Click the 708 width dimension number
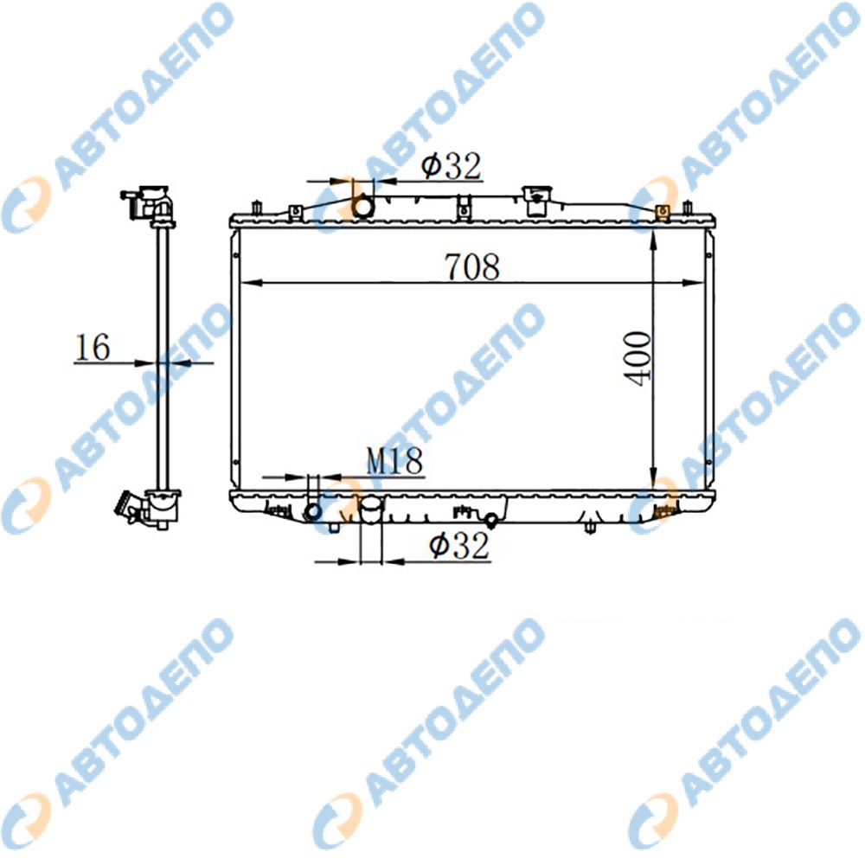472,266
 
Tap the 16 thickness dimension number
93,348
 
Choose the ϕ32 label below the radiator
459,546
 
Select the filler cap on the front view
536,202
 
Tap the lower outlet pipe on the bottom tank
371,509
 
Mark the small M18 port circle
313,511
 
